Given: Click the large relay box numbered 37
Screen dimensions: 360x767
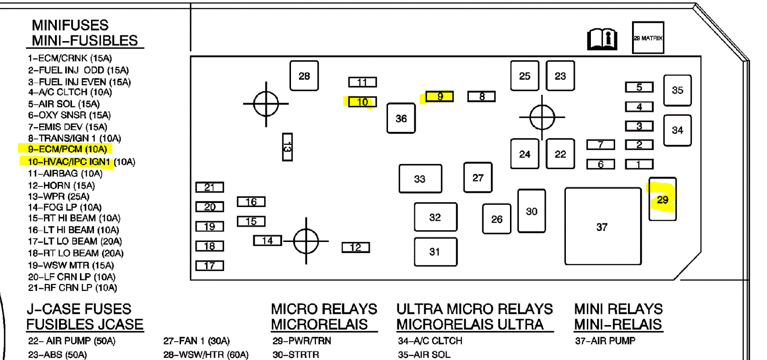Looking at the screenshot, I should pyautogui.click(x=603, y=226).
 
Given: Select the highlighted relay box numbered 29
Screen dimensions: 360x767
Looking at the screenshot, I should pyautogui.click(x=662, y=199).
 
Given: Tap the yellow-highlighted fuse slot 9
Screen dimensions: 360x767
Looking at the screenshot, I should pyautogui.click(x=440, y=96).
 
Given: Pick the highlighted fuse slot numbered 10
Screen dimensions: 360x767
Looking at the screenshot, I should pyautogui.click(x=362, y=102).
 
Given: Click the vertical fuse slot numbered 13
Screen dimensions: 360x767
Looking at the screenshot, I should pyautogui.click(x=287, y=147).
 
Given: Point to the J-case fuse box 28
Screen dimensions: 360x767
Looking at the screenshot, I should pyautogui.click(x=304, y=76).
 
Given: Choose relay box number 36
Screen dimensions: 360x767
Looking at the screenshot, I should pyautogui.click(x=401, y=119).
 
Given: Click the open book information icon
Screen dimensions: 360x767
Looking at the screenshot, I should pyautogui.click(x=602, y=39).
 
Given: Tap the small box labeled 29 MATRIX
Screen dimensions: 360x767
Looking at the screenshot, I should pyautogui.click(x=648, y=38).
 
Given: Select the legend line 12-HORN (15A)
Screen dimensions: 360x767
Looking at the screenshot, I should pyautogui.click(x=61, y=185).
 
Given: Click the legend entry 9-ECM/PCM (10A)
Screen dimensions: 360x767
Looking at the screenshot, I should pyautogui.click(x=67, y=149).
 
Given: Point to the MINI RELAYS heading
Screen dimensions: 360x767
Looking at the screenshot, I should pyautogui.click(x=618, y=309).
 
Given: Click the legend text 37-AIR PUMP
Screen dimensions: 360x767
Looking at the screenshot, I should pyautogui.click(x=605, y=341).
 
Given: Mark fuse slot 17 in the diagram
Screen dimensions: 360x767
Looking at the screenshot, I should pyautogui.click(x=209, y=266).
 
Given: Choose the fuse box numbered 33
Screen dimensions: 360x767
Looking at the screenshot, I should pyautogui.click(x=420, y=179).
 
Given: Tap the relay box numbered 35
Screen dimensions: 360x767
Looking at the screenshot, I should pyautogui.click(x=677, y=90).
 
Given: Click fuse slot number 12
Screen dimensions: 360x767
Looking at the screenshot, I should pyautogui.click(x=355, y=247).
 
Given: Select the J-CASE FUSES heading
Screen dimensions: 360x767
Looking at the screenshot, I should pyautogui.click(x=79, y=309).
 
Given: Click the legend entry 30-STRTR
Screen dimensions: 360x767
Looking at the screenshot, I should pyautogui.click(x=295, y=355).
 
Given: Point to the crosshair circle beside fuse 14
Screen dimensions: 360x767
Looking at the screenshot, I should pyautogui.click(x=306, y=241).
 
